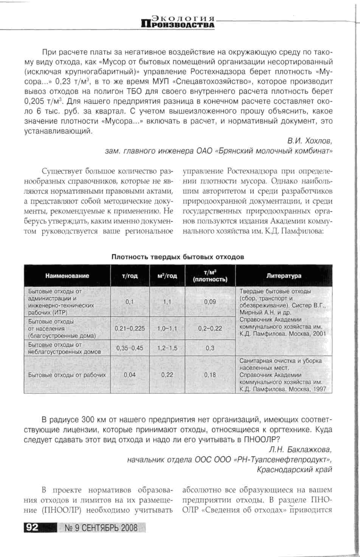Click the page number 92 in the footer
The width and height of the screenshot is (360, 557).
(x=32, y=527)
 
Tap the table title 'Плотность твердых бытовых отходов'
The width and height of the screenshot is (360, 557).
(x=178, y=257)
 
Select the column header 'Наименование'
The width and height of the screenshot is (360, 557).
(x=67, y=275)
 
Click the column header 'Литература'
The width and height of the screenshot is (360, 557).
(x=284, y=275)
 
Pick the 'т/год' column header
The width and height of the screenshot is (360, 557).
(x=130, y=276)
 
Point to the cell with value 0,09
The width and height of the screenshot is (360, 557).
(x=210, y=302)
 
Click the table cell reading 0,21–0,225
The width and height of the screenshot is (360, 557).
(x=130, y=328)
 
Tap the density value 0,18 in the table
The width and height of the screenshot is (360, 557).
(x=210, y=375)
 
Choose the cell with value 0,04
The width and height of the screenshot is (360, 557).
(x=130, y=375)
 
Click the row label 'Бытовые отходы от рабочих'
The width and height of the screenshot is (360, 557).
(x=67, y=375)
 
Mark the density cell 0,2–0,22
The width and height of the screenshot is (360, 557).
(x=210, y=328)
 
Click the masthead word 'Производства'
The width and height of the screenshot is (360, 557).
(x=178, y=25)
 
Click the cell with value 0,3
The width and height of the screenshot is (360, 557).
(x=210, y=348)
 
